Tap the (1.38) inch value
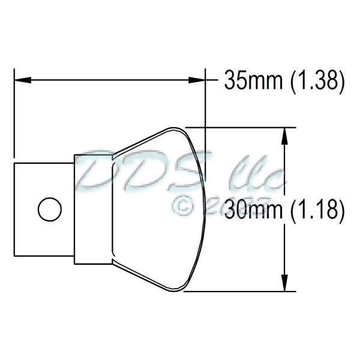(x=316, y=80)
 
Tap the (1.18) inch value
(x=317, y=210)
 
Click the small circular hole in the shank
(x=49, y=209)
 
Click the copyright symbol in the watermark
(x=184, y=206)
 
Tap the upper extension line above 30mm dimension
(x=240, y=127)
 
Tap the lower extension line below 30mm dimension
(x=240, y=292)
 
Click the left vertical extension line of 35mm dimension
(x=14, y=114)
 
